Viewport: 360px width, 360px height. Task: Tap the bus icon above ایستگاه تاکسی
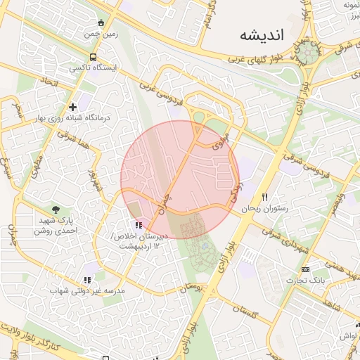(93, 58)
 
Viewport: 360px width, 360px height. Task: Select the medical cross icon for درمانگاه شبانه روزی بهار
(72, 107)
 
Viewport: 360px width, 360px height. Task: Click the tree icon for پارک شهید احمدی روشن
(56, 209)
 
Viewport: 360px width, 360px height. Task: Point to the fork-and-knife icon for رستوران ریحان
(265, 197)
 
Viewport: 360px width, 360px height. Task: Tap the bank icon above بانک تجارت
(305, 269)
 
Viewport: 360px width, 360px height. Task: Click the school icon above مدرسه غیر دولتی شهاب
(88, 279)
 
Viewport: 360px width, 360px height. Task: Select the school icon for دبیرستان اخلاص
(139, 226)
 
